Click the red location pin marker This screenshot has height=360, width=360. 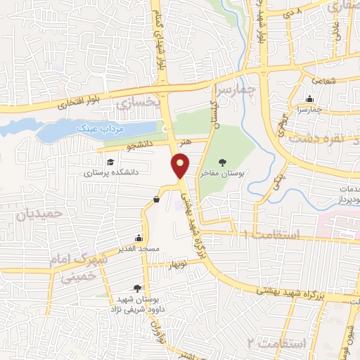coord(181,167)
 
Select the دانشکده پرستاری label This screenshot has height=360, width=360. coord(112,172)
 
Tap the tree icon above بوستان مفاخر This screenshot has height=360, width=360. coord(223,162)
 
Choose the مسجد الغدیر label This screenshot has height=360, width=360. coord(140,248)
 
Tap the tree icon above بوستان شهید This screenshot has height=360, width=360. coord(136,288)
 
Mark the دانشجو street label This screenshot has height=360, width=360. coord(137,147)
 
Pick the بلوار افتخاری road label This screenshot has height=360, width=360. coord(74,101)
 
